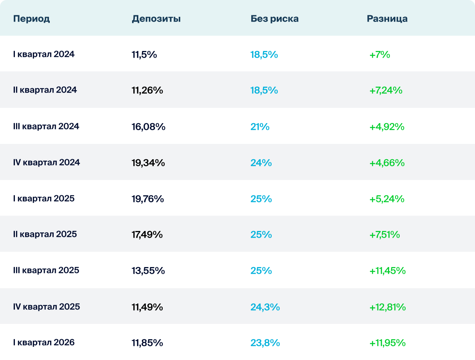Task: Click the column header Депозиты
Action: (x=156, y=19)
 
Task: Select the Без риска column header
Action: (x=274, y=19)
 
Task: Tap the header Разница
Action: (x=387, y=19)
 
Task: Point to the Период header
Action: (x=31, y=19)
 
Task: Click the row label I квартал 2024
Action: (x=44, y=55)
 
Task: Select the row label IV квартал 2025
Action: (x=46, y=307)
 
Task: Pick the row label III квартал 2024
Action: (x=46, y=126)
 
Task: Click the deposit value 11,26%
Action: (x=147, y=91)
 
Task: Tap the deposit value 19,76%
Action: (x=147, y=199)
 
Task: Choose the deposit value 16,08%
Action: (x=148, y=127)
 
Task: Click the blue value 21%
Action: (x=260, y=127)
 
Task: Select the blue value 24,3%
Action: (x=265, y=307)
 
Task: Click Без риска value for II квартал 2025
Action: (x=261, y=235)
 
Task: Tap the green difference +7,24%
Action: (x=386, y=91)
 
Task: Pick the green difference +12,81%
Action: (x=387, y=307)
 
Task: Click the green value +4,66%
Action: (x=386, y=163)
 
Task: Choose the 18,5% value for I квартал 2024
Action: (x=264, y=55)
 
